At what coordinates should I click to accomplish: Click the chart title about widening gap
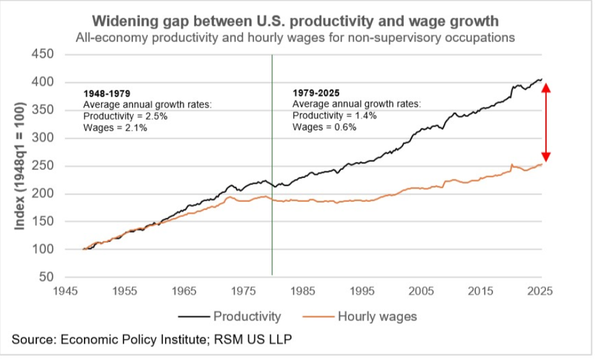click(295, 21)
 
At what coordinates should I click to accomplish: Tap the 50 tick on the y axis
click(50, 277)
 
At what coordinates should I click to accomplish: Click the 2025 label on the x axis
click(540, 291)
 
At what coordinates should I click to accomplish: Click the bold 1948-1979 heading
click(107, 93)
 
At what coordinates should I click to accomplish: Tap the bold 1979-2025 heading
click(317, 93)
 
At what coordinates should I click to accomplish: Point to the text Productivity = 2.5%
click(125, 116)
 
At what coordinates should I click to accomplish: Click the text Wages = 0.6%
click(325, 127)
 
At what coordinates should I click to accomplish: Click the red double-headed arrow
click(546, 122)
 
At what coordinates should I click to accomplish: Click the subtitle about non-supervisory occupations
click(295, 38)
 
